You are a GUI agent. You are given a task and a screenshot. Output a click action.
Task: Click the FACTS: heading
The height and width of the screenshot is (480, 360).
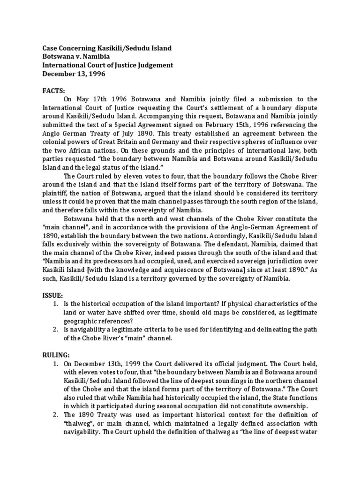click(54, 89)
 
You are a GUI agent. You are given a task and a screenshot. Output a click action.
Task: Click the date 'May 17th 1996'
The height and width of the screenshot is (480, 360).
click(100, 99)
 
